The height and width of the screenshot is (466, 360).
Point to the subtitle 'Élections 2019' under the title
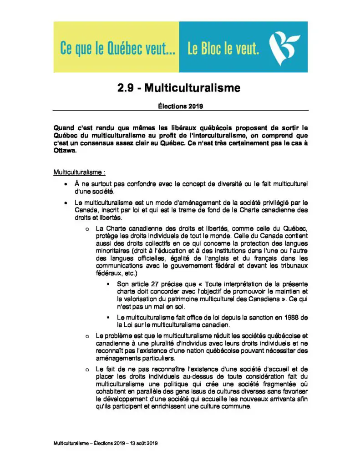click(180, 106)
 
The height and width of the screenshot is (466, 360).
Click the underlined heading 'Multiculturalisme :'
click(79, 173)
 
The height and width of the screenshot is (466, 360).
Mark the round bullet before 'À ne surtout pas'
click(66, 184)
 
